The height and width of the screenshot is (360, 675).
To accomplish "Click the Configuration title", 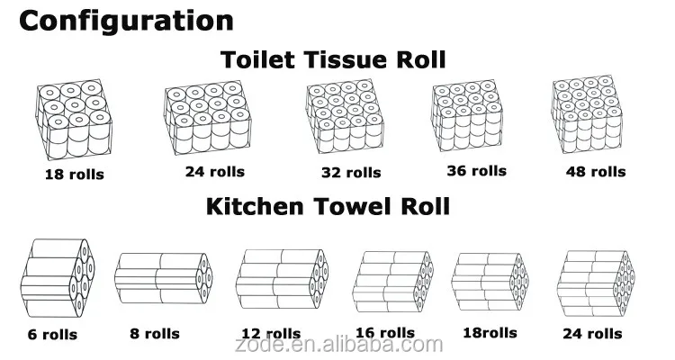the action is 126,20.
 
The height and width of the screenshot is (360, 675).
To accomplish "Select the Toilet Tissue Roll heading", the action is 333,61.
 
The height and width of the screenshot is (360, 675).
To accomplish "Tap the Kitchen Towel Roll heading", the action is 328,205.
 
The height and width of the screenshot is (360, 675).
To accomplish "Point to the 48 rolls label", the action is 595,171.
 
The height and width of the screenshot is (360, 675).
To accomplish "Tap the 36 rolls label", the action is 476,171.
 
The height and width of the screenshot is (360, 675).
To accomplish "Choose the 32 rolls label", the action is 351,172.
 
